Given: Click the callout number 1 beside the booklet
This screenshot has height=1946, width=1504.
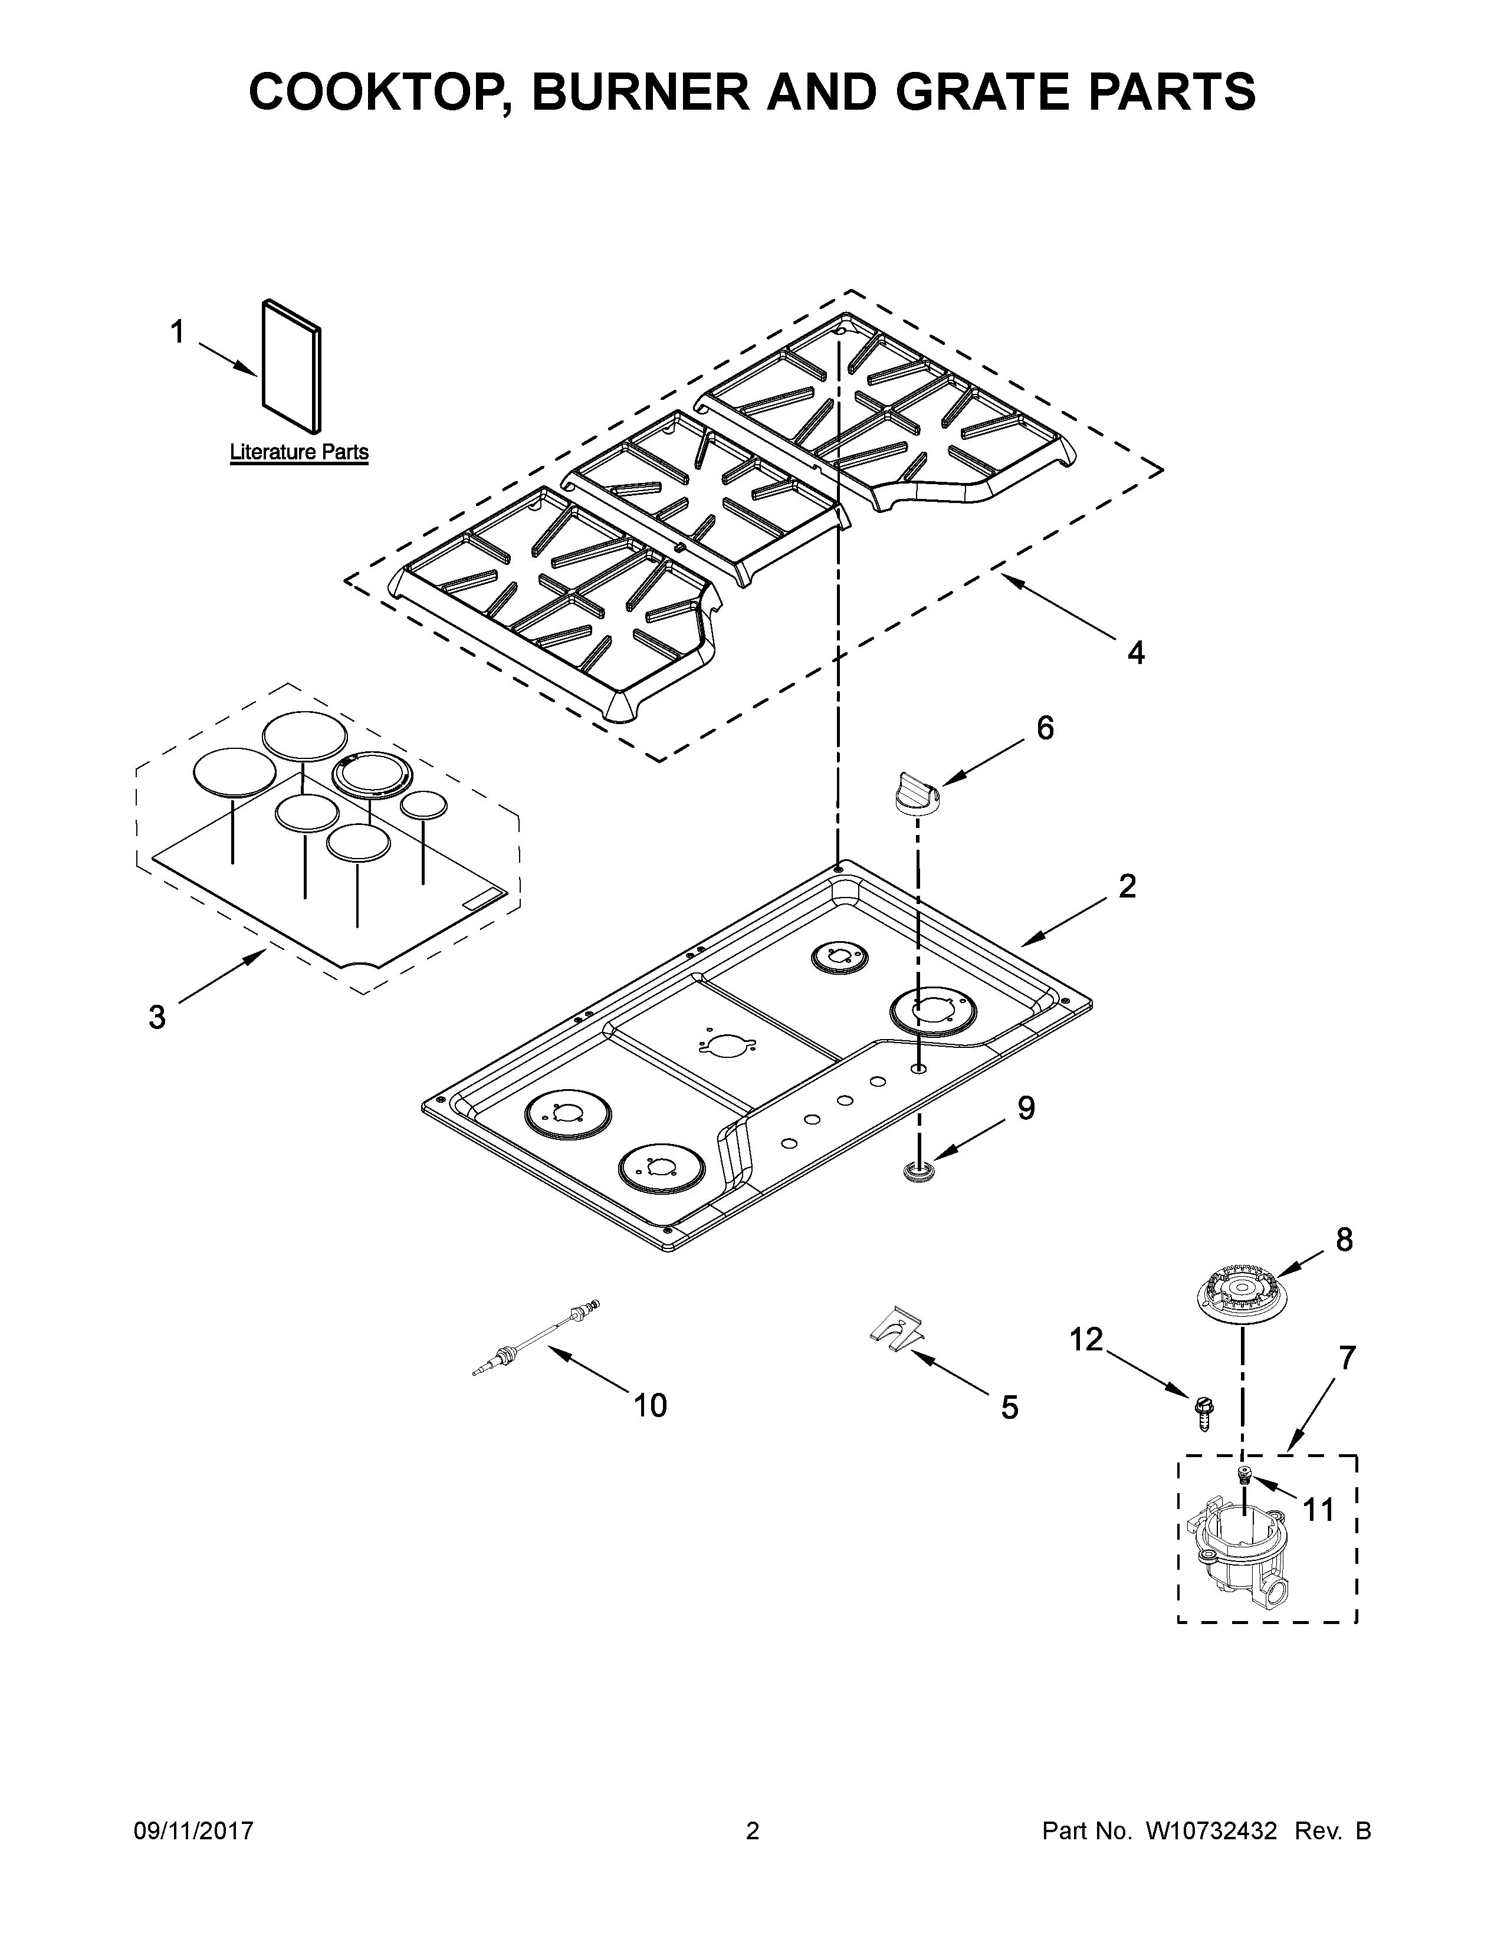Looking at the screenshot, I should click(x=178, y=333).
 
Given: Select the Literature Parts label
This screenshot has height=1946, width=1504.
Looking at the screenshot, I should click(x=298, y=452).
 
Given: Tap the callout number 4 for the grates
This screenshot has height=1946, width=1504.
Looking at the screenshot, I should click(x=1135, y=653).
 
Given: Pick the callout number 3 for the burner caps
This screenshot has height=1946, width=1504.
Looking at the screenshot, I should click(x=157, y=1017).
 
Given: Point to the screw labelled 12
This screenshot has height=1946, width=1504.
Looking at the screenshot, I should click(x=1202, y=1411).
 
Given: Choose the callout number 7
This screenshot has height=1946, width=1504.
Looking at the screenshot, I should click(x=1347, y=1358).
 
